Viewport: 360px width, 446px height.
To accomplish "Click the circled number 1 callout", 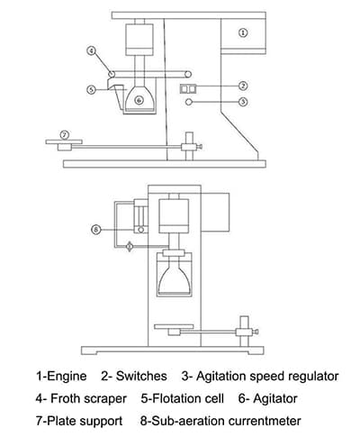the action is point(243,32).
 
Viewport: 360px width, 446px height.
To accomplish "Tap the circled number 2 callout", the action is point(243,86).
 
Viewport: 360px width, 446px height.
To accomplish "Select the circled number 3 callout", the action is point(243,102).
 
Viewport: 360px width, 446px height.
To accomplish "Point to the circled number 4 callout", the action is point(91,50).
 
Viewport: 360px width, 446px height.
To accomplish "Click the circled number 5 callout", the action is point(91,89).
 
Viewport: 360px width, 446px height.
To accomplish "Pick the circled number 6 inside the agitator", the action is point(139,100).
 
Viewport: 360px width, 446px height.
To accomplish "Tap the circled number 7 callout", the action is point(65,135).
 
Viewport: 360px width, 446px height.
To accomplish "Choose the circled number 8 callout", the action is point(96,230).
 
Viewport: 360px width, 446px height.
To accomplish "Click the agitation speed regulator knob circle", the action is point(189,102).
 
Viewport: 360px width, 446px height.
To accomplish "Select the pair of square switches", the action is point(188,89).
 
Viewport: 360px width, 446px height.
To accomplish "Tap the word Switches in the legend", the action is point(141,376).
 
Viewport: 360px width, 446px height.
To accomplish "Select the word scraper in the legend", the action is point(105,399).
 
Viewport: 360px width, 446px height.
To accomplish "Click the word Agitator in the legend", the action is point(275,399).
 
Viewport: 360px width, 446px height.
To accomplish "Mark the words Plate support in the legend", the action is point(85,421).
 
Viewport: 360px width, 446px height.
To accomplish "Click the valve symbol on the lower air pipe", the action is point(130,247).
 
